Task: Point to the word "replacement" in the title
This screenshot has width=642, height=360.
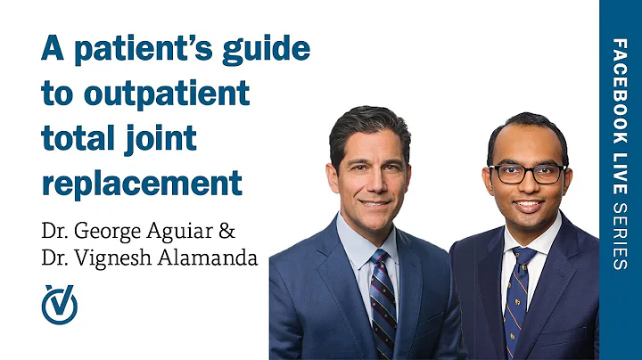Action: tap(142, 183)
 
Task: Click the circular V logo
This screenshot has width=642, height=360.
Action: tap(60, 306)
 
